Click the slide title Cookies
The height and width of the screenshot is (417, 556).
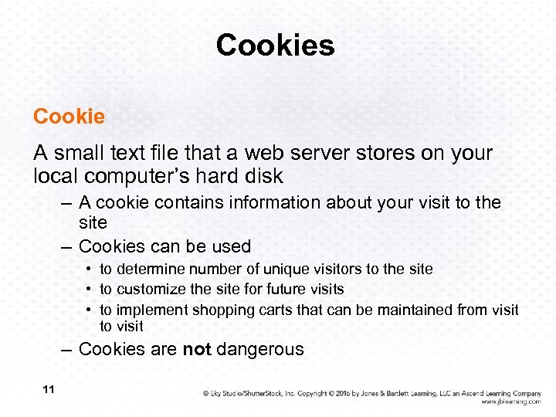coord(276,46)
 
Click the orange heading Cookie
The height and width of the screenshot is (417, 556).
coord(69,117)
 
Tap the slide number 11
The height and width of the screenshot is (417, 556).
coord(49,390)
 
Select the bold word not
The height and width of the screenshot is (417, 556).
coord(197,350)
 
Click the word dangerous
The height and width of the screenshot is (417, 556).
coord(260,350)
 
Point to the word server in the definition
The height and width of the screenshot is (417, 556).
coord(330,154)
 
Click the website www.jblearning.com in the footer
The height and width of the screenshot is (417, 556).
coord(510,402)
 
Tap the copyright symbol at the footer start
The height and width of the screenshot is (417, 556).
coord(206,393)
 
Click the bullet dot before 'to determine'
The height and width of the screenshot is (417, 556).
coord(90,270)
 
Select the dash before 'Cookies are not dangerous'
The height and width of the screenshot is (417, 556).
coord(68,350)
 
